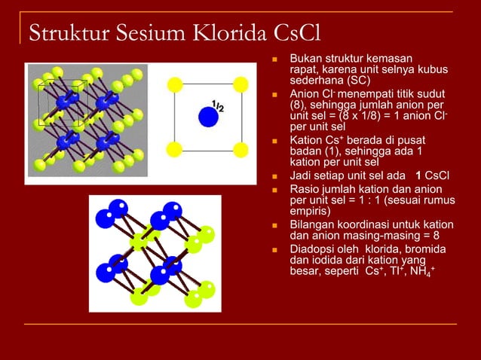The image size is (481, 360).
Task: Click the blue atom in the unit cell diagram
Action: tap(208, 116)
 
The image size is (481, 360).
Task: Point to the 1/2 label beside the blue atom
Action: tap(217, 106)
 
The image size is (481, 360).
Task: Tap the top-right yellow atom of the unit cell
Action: tap(241, 83)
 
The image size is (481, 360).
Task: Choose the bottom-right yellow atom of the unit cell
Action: tap(241, 148)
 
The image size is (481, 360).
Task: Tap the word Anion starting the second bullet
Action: tap(307, 93)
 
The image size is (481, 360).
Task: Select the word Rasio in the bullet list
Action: tap(305, 189)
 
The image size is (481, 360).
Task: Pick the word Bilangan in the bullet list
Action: tap(314, 224)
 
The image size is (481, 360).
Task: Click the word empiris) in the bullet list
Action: tap(311, 212)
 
